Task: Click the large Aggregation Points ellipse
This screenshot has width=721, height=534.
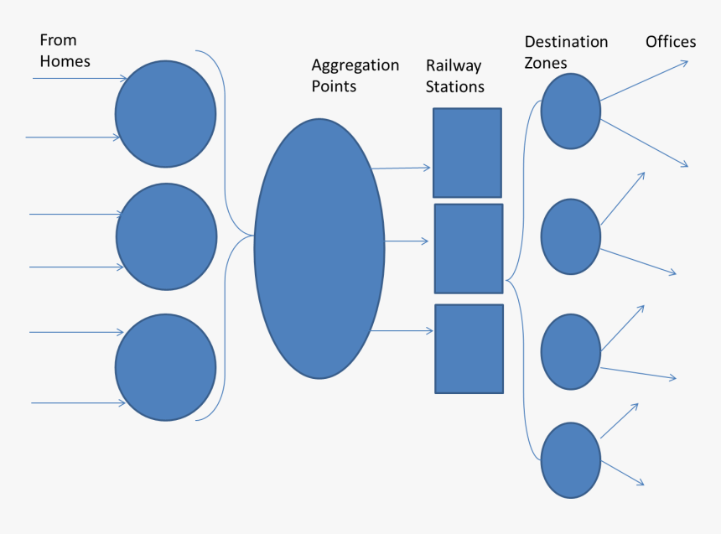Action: click(x=319, y=248)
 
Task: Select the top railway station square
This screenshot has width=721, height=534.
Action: click(x=467, y=153)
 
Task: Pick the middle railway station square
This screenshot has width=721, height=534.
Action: click(x=469, y=248)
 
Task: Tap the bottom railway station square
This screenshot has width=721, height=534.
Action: click(x=469, y=349)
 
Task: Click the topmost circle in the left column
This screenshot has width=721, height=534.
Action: click(x=166, y=114)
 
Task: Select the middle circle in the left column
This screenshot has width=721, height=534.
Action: click(x=166, y=237)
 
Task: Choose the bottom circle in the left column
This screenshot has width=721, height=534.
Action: click(x=166, y=367)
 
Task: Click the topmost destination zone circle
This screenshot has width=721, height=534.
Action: click(x=571, y=111)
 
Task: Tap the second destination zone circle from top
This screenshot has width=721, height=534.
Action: click(x=571, y=236)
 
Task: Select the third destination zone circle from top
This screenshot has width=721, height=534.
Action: click(x=571, y=351)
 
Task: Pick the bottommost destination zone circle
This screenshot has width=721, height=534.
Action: click(x=571, y=461)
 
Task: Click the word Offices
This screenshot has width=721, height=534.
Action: click(x=671, y=42)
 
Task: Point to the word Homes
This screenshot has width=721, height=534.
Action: click(x=65, y=61)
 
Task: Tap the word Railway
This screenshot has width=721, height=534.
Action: click(x=454, y=66)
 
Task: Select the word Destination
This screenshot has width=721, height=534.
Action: click(x=566, y=42)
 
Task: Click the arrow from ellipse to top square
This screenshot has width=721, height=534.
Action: click(x=401, y=168)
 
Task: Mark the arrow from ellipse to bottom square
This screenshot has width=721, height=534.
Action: click(x=402, y=331)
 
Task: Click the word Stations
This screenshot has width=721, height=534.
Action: click(x=455, y=87)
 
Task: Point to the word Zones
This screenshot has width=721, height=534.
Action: click(x=546, y=63)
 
